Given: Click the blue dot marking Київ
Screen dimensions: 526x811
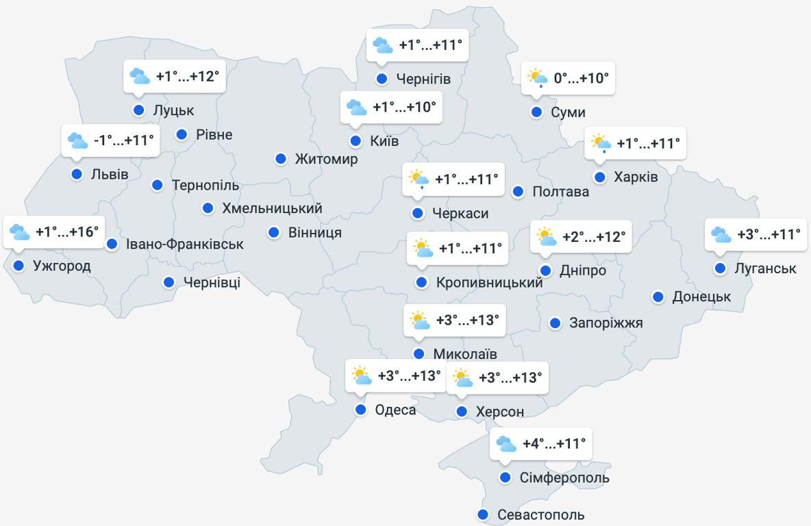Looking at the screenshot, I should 355,141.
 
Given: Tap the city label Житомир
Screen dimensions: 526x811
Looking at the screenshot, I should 326,160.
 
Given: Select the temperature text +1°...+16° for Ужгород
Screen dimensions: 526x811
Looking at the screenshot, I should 67,232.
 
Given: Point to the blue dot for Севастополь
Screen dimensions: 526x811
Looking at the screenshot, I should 483,514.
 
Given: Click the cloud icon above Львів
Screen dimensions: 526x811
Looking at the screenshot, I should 77,141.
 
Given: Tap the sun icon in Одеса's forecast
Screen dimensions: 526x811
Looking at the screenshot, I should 361,376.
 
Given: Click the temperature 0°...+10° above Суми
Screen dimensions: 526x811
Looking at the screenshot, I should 581,78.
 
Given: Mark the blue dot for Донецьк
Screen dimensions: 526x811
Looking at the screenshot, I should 658,297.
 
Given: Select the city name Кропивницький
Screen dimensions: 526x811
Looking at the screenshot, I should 489,282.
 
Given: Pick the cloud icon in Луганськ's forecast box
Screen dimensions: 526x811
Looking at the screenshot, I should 721,235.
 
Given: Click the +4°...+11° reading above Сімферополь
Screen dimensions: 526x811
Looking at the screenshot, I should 554,444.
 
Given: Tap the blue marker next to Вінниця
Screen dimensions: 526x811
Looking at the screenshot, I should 274,232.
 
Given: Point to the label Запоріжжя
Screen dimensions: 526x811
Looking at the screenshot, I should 606,323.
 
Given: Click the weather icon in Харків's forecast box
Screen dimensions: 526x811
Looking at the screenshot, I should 601,144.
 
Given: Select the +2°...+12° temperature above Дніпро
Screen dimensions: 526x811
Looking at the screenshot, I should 594,237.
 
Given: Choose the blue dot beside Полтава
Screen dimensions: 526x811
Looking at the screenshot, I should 518,191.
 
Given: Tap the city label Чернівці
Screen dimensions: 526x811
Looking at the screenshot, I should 212,282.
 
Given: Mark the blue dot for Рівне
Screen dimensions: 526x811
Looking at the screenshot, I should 182,134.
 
